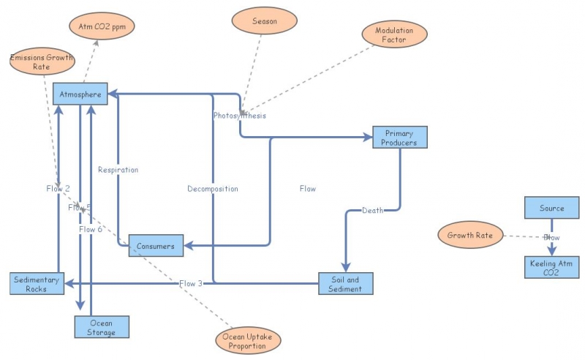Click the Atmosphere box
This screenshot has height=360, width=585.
pos(80,94)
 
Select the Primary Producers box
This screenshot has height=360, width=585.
pos(399,138)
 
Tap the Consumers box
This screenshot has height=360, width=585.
pos(155,246)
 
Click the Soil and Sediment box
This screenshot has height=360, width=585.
pos(345,284)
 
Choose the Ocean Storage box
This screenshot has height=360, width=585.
pos(102,327)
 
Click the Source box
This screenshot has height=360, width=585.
pos(552,208)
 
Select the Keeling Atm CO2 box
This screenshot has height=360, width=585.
pos(552,267)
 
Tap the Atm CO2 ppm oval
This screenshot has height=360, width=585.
pos(102,26)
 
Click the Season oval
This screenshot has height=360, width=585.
pos(265,21)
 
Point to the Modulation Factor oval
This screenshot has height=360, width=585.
pos(394,34)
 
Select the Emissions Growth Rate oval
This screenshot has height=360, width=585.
pos(42,61)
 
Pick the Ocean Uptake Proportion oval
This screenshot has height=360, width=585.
pos(249,341)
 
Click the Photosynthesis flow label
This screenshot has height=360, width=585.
pos(240,116)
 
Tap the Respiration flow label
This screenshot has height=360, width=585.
pos(118,170)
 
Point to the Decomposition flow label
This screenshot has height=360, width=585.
pos(212,189)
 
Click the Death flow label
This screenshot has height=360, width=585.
pos(372,211)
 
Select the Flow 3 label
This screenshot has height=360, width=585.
pos(191,283)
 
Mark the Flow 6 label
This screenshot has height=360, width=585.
pos(91,229)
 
